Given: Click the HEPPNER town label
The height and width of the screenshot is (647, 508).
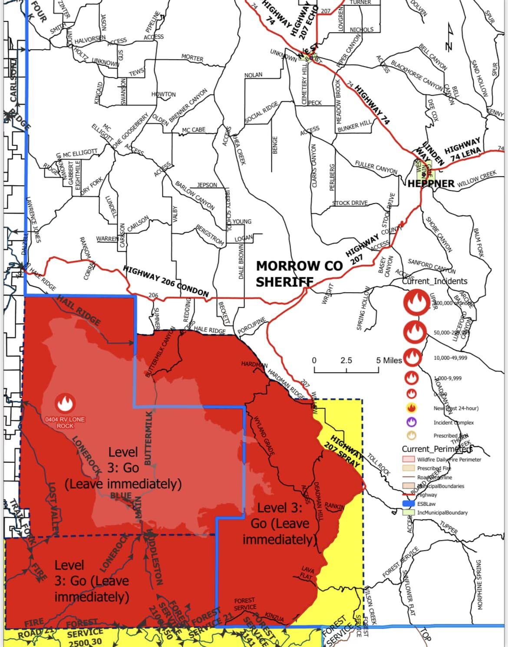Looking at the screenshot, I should point(431,183).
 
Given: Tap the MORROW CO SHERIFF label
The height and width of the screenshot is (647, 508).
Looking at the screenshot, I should point(294,273).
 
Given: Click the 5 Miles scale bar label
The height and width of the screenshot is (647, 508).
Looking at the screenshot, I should point(389,360).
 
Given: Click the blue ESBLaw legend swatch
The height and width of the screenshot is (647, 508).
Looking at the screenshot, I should point(409,504).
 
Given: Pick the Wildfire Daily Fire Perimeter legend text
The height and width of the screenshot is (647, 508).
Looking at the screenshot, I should point(449,459).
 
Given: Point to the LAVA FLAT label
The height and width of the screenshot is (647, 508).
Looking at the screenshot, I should point(307,573).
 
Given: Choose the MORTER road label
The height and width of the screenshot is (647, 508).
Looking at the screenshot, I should point(192,58).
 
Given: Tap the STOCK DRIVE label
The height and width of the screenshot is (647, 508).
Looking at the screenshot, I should point(350,203).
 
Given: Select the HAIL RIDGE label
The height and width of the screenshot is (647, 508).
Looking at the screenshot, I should point(79,310).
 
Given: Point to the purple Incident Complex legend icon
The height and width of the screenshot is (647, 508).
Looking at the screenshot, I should point(412,422).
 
